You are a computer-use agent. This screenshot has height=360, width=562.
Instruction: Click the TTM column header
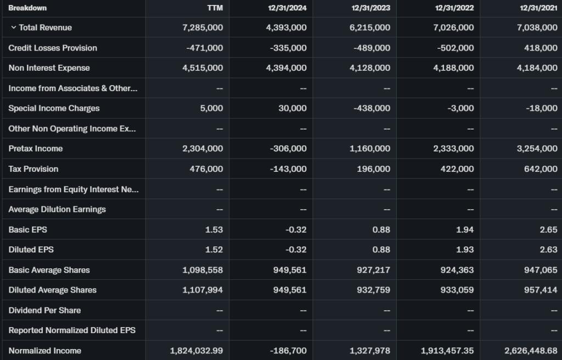click(215, 8)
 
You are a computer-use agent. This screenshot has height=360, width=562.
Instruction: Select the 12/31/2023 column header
click(371, 8)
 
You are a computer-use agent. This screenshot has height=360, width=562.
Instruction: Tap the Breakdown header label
click(27, 8)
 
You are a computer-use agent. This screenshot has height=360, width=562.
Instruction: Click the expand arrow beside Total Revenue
click(13, 27)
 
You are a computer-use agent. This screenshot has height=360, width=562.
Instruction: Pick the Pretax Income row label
click(36, 149)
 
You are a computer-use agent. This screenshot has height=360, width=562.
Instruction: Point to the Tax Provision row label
click(33, 169)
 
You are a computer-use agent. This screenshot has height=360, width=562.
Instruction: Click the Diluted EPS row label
click(31, 250)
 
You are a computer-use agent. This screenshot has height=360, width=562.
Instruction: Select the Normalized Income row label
click(45, 351)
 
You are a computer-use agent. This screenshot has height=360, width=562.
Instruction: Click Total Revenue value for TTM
click(203, 27)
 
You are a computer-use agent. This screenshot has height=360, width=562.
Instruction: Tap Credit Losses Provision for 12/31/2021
click(541, 48)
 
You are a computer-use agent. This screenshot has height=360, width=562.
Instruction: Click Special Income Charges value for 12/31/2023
click(372, 108)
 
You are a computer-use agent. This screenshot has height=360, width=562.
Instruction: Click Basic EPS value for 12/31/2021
click(548, 229)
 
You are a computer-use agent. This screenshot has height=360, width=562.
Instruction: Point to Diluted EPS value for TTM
click(214, 250)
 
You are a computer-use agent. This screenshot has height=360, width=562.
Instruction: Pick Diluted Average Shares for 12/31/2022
click(456, 290)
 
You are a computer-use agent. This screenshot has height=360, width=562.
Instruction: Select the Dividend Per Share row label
click(44, 310)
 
